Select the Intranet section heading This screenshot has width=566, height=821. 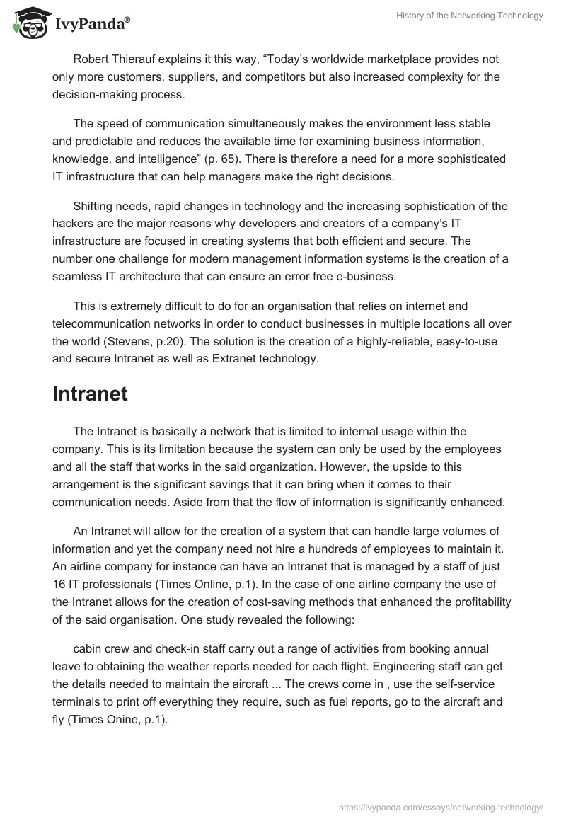tap(90, 394)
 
